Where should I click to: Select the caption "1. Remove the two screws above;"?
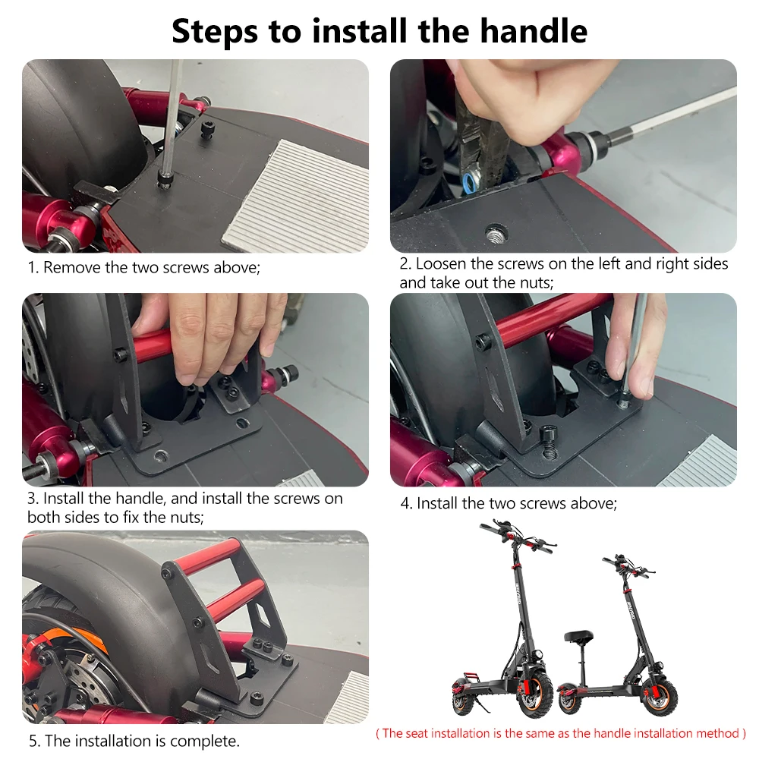[x=144, y=267]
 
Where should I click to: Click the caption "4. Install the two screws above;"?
[x=509, y=503]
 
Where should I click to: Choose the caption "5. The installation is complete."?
[x=134, y=741]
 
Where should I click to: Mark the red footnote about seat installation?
[x=561, y=733]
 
